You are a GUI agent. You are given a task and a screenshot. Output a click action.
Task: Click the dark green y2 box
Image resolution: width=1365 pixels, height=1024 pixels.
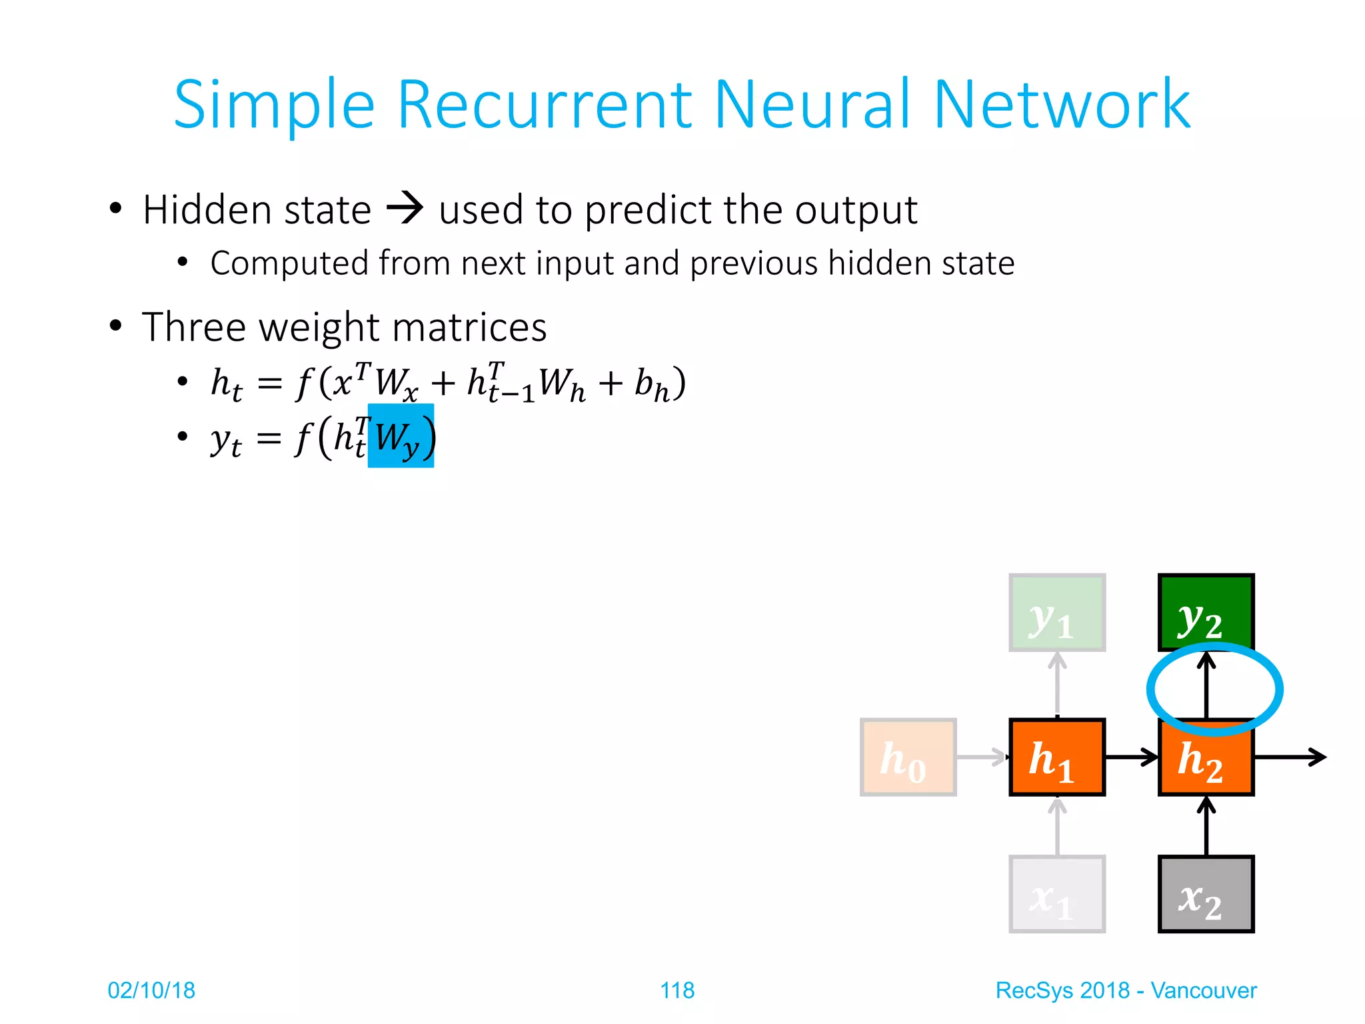pos(1206,612)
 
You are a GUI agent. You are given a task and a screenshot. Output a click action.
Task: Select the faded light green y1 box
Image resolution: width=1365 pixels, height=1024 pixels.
pos(1057,612)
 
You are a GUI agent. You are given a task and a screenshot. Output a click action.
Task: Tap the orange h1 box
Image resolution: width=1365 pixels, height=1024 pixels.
pos(1057,757)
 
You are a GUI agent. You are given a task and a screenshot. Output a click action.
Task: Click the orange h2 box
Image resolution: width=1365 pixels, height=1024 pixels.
pos(1206,760)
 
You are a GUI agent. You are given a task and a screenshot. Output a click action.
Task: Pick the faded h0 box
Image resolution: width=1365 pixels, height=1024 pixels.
pos(908,757)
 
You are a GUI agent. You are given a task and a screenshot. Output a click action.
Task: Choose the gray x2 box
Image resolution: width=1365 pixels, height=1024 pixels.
pos(1206,893)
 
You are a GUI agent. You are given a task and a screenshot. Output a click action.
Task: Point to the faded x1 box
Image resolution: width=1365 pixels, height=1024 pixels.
pos(1057,893)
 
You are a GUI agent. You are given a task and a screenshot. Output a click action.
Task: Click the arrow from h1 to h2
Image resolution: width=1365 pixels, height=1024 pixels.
pos(1132,757)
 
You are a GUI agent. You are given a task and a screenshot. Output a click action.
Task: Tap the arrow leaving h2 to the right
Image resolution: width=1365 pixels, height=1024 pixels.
pos(1290,757)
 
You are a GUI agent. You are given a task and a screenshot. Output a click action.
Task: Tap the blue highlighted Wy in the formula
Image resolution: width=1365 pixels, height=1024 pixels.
pos(401,437)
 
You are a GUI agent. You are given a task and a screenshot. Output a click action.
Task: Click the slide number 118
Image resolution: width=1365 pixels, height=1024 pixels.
pos(677,990)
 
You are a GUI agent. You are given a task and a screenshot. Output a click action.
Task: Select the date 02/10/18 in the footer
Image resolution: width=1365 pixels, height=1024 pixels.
pos(151,990)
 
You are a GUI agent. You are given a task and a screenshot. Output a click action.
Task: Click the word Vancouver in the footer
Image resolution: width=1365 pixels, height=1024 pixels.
pos(1203,990)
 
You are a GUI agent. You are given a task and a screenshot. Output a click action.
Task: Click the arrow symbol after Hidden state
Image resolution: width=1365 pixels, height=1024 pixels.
pos(405,208)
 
